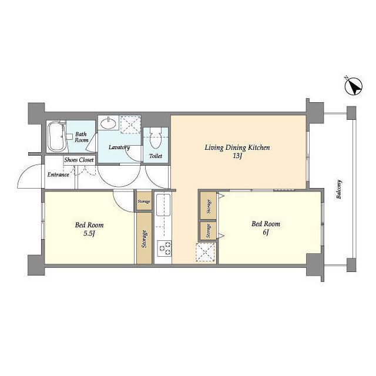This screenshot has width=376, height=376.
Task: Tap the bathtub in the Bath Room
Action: (x=56, y=136)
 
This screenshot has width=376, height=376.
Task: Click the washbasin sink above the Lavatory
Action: (x=108, y=123)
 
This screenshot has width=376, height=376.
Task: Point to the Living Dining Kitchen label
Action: (x=237, y=147)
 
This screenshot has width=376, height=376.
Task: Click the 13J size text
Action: (x=237, y=156)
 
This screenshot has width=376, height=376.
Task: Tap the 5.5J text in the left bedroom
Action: (x=89, y=234)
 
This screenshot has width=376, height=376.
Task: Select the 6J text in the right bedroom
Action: (x=266, y=233)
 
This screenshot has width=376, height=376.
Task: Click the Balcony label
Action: (x=339, y=189)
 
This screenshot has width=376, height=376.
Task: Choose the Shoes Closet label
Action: (x=79, y=160)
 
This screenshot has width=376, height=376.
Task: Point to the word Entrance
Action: (x=58, y=174)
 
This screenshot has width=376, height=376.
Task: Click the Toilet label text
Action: (x=156, y=156)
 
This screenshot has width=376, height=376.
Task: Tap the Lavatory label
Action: (x=119, y=147)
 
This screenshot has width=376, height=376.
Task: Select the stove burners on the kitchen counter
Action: (x=164, y=248)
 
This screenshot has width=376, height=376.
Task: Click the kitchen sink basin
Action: (x=163, y=205)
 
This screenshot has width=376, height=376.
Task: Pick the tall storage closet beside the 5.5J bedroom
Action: (x=144, y=238)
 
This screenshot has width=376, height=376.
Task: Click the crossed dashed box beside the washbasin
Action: (x=130, y=125)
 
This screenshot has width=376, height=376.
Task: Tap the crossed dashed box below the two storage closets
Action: (x=205, y=252)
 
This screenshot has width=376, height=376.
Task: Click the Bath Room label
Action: (x=81, y=137)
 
